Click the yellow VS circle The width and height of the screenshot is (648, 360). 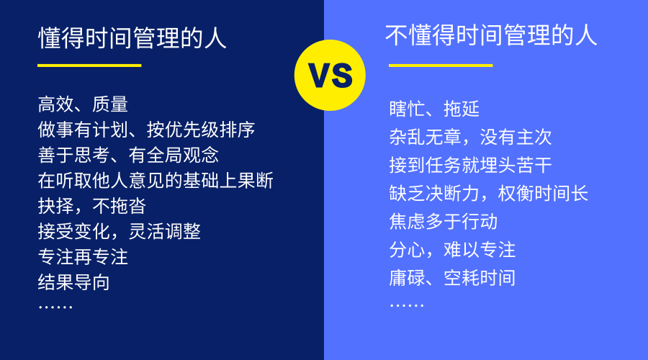click(330, 75)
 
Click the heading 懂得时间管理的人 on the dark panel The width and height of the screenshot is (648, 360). click(132, 38)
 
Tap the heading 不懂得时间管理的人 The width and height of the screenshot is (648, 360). click(491, 35)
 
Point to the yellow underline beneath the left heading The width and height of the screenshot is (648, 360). click(89, 66)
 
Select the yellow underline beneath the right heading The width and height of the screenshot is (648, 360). click(441, 66)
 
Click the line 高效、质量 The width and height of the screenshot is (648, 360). click(83, 104)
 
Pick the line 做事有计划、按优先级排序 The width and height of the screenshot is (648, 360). click(146, 130)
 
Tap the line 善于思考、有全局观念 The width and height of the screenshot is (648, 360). click(128, 155)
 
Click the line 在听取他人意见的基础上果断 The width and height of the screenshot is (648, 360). click(156, 181)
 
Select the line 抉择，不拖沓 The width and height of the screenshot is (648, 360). click(91, 206)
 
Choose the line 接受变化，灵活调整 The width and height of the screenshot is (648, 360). click(119, 231)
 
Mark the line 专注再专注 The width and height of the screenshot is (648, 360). click(83, 256)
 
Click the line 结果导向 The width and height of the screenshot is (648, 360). click(73, 282)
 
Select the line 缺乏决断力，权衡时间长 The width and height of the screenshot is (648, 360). click(488, 194)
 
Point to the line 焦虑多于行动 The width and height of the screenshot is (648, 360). click(443, 222)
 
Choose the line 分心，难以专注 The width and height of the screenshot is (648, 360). click(452, 250)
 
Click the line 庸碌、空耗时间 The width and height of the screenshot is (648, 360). click(452, 278)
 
